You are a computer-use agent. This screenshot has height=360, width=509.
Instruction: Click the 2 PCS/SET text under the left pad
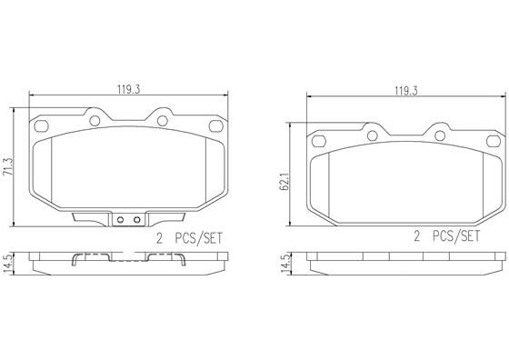click(x=189, y=238)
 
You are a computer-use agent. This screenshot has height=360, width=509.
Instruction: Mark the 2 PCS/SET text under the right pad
click(x=446, y=238)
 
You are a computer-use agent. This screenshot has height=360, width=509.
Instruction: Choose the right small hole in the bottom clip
click(x=136, y=219)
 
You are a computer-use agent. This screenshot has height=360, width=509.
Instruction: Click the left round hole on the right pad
click(x=372, y=135)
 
